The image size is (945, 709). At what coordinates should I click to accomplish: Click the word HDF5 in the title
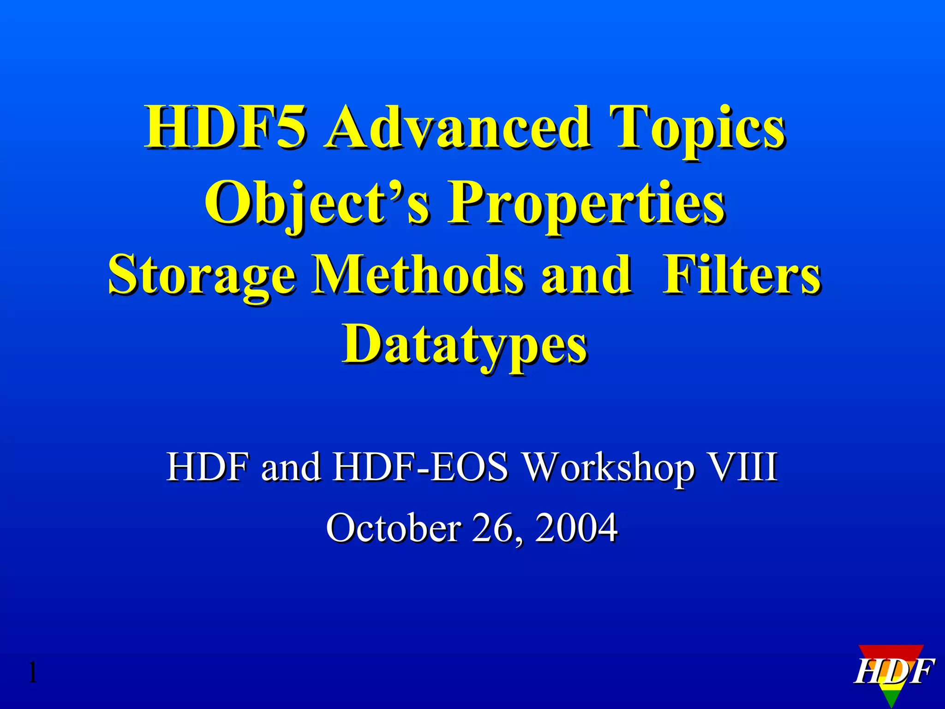(x=225, y=127)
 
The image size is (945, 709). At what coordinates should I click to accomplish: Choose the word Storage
(x=202, y=276)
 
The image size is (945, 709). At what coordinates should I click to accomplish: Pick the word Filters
(x=742, y=276)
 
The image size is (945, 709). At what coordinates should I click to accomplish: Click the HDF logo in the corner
(x=893, y=672)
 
